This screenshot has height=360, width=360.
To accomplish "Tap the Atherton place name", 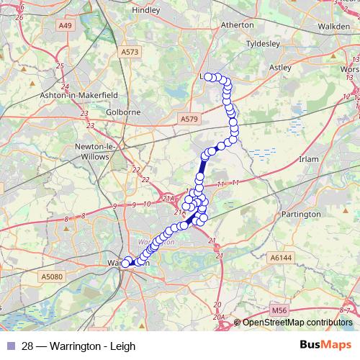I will (237, 24).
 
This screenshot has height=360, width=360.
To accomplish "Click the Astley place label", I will (279, 67).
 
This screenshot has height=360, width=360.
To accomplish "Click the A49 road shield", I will (66, 25).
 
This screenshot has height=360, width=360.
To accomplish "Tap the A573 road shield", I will (130, 52).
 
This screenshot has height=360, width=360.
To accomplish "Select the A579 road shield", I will (189, 118).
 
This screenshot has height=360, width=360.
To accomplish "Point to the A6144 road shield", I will (279, 256).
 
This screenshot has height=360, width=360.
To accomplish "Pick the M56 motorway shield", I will (280, 310).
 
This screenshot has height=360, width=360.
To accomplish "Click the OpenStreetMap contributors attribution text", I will (297, 323).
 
